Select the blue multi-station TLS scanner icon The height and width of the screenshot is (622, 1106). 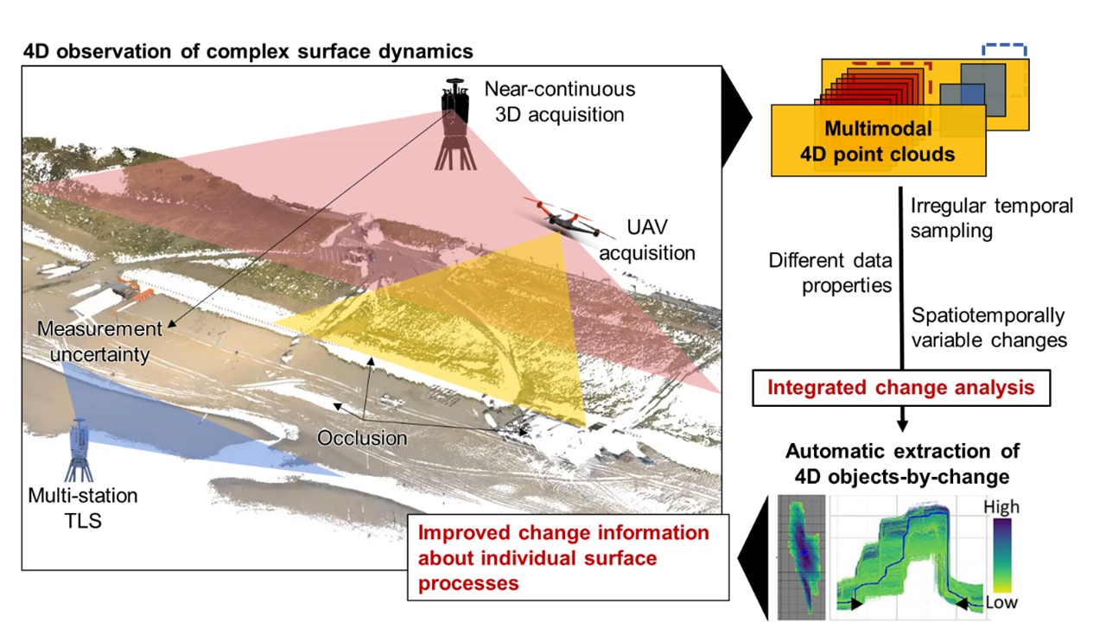coord(79,450)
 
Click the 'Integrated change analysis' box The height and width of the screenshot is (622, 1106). coord(901,388)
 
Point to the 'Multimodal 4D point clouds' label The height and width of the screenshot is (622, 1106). coord(878,141)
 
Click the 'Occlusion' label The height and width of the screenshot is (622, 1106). coord(362,438)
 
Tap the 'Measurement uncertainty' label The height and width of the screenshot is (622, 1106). coord(99,341)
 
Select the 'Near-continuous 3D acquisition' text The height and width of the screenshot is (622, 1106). coord(559,102)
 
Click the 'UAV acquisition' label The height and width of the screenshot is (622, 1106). coord(647,240)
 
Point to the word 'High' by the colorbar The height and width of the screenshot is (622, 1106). coord(1001,507)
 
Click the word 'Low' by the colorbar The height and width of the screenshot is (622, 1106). coord(1001,602)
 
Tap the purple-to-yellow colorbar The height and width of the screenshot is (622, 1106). coord(1002,555)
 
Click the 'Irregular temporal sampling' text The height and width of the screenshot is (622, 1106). coord(991,219)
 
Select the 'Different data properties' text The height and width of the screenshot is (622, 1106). coord(830,273)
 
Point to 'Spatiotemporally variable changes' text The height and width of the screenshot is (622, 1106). coord(988,327)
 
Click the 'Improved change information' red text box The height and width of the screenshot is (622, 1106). coord(569,557)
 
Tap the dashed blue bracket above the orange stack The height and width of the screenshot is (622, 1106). coord(1004,46)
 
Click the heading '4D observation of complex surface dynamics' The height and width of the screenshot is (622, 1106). coord(248,51)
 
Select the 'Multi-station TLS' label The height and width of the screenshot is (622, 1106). coord(83,508)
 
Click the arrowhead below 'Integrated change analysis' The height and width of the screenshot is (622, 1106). coord(902,426)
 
